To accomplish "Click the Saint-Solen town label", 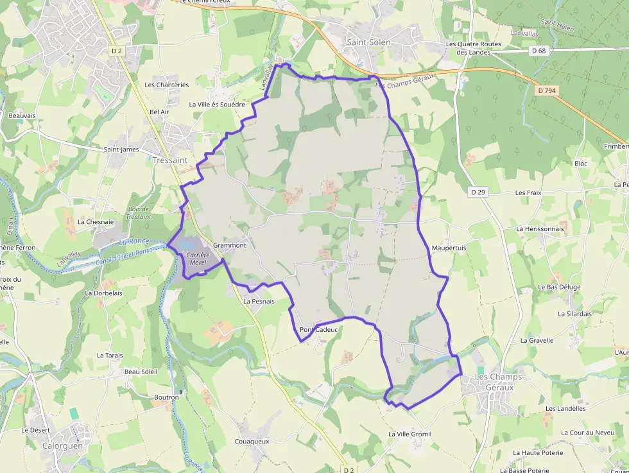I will tap(368, 42).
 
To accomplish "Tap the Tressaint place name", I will tap(170, 160).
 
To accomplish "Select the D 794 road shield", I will tap(546, 90).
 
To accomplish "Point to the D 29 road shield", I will tap(478, 192).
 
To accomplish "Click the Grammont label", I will tap(230, 245).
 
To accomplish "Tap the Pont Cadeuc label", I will tap(318, 330).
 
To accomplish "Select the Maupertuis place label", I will tap(449, 248).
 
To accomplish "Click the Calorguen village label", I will tap(64, 445).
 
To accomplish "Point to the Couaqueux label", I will tap(252, 442).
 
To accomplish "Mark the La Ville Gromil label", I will tap(409, 434).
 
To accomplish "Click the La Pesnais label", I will tap(259, 300).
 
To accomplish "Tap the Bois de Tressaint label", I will tap(139, 213).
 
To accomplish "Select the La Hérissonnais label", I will tap(540, 228).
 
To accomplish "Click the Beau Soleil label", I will tap(141, 372).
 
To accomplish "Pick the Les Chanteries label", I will tap(167, 85).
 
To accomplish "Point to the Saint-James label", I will tap(121, 150).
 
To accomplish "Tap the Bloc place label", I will tap(581, 164).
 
